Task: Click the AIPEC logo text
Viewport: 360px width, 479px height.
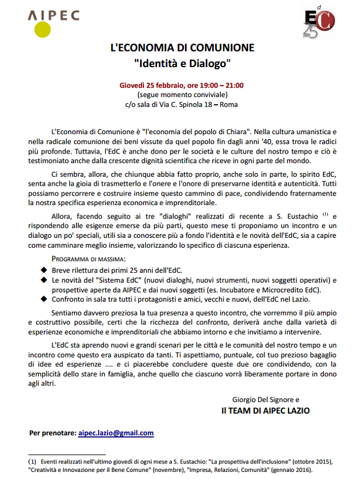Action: tap(53, 17)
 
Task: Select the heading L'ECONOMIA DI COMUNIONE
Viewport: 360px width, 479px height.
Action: tap(182, 48)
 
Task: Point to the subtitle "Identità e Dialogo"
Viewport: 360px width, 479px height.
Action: tap(182, 64)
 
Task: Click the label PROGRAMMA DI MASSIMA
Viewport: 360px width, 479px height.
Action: tap(88, 259)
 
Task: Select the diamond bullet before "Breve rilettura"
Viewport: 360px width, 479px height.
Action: tap(45, 269)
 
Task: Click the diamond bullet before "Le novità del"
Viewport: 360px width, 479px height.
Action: tap(45, 280)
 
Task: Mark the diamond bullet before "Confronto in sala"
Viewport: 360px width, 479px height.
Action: tap(45, 300)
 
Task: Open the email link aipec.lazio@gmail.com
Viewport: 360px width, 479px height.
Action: tap(116, 433)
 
